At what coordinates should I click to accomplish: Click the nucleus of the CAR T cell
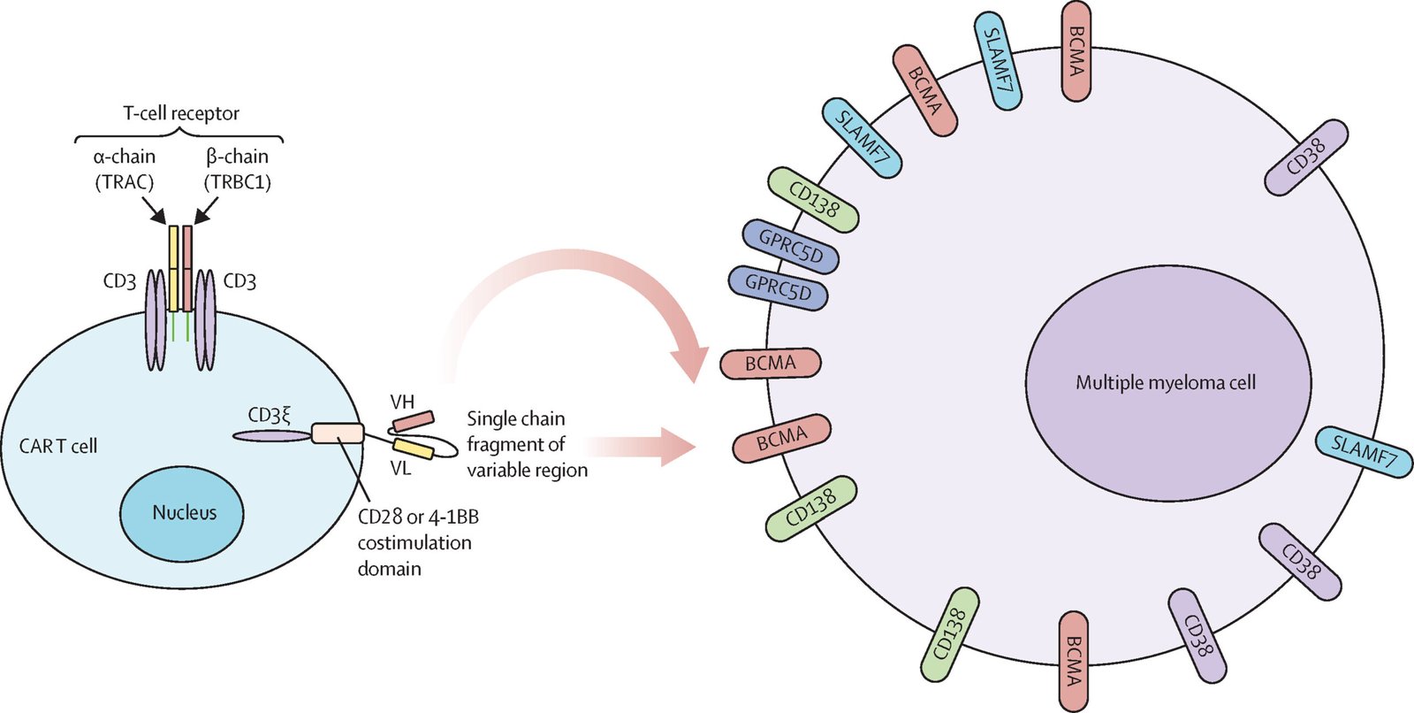(183, 513)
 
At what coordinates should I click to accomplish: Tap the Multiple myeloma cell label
(1166, 383)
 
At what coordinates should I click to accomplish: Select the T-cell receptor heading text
(180, 113)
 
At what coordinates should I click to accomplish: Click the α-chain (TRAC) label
(125, 169)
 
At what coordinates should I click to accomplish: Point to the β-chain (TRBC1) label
(237, 169)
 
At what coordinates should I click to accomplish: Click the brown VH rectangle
(413, 420)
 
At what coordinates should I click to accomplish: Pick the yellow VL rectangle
(413, 448)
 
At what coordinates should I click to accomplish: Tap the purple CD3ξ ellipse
(270, 435)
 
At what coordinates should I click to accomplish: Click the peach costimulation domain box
(338, 433)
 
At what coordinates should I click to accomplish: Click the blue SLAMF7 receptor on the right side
(1364, 452)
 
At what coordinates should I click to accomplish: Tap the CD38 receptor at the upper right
(1305, 157)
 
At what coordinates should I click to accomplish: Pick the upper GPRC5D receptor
(790, 247)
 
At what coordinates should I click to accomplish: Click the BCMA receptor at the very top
(1076, 50)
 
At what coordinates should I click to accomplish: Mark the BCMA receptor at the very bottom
(1074, 661)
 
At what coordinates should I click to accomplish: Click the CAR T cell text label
(58, 446)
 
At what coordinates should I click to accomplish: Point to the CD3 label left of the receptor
(119, 282)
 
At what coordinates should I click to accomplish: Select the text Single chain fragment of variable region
(526, 444)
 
